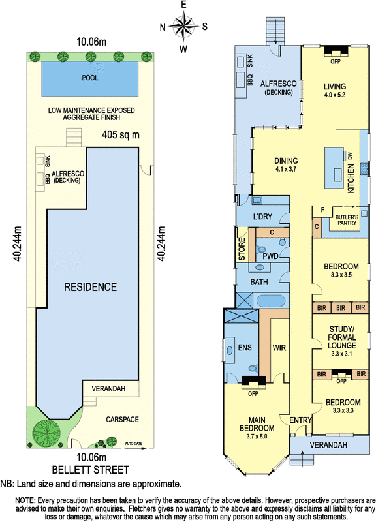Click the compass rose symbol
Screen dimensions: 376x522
tap(183, 26)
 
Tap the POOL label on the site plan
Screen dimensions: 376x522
tap(90, 78)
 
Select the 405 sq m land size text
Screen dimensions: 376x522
tap(121, 135)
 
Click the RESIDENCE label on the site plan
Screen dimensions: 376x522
tap(91, 287)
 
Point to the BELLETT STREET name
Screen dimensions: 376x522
tap(91, 470)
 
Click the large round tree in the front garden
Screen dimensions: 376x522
tap(46, 433)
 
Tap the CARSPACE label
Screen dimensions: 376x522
tap(122, 420)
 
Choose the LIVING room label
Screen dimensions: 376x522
tap(335, 87)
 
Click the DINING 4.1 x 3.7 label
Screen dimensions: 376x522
tap(286, 164)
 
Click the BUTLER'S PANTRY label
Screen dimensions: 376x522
tap(347, 220)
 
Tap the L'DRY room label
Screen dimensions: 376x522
tap(263, 217)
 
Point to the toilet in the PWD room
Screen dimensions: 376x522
tap(260, 249)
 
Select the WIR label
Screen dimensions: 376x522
tap(279, 348)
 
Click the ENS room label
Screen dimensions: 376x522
tap(245, 347)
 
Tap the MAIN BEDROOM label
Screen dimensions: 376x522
tap(257, 423)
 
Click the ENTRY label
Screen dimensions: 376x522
tap(300, 420)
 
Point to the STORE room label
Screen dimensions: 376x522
tap(242, 249)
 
